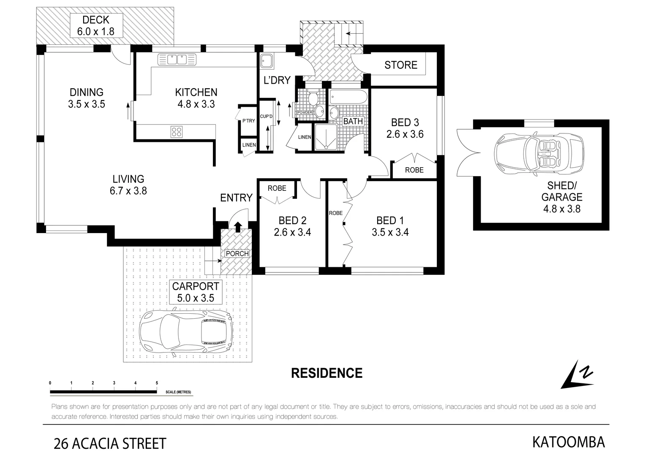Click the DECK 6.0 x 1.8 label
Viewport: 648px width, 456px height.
point(96,26)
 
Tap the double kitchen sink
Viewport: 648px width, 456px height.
point(177,60)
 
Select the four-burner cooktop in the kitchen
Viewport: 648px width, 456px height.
point(177,132)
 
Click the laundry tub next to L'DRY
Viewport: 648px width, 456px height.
point(267,61)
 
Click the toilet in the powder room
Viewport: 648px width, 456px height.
point(313,99)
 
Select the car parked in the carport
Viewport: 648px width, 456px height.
point(186,332)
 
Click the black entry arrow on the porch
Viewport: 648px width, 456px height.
point(238,227)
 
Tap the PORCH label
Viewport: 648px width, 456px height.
point(237,254)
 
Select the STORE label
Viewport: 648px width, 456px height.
point(400,65)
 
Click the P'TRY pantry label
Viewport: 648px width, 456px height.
point(248,121)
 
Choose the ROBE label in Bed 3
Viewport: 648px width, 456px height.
point(414,170)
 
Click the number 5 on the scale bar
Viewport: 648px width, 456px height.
point(157,383)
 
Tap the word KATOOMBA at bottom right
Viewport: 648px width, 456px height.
point(568,442)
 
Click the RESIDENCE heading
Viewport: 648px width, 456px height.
point(327,373)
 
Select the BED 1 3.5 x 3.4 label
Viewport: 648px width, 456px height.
point(390,226)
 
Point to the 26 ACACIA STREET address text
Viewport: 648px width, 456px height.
point(110,444)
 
